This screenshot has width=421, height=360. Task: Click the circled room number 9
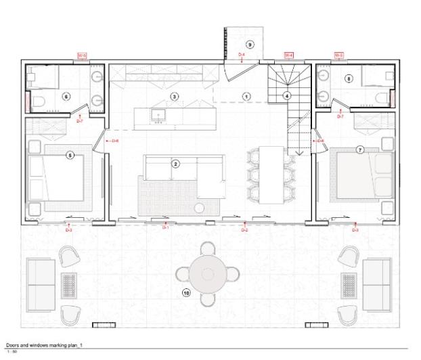[x=250, y=45]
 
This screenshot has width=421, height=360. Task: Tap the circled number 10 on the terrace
[x=187, y=293]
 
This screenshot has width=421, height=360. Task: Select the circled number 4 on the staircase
[x=288, y=96]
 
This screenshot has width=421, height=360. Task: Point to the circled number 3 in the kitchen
[x=174, y=97]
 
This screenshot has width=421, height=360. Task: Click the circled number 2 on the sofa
[x=175, y=164]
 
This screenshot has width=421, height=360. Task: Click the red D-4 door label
[x=242, y=54]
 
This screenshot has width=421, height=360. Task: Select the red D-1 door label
[x=164, y=228]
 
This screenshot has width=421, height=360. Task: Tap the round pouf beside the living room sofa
[x=201, y=208]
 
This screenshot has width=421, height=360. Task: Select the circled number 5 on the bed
[x=70, y=155]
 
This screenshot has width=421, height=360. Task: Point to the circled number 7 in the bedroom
[x=359, y=149]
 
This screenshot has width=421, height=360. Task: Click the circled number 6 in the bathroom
[x=66, y=96]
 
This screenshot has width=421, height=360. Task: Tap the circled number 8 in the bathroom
[x=349, y=78]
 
